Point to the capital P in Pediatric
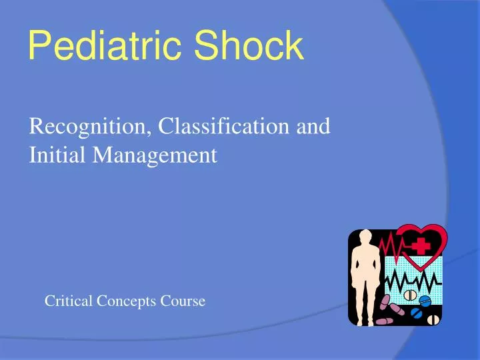point(39,47)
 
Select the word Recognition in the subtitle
point(90,126)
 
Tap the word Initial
point(58,155)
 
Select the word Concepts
point(125,302)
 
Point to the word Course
point(182,301)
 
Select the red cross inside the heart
point(421,246)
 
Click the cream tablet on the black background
point(434,319)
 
